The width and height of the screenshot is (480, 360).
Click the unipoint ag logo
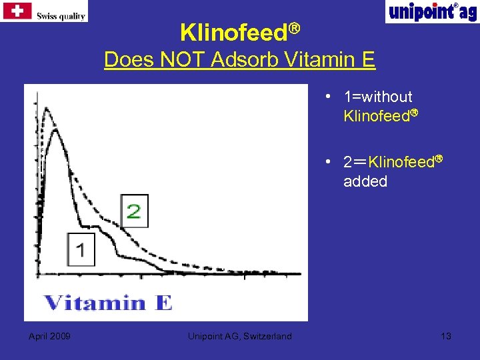click(x=431, y=11)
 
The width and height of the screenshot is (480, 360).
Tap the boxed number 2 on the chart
click(x=133, y=211)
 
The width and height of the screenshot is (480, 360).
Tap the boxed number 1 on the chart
click(x=81, y=250)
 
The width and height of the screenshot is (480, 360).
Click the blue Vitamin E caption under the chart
click(x=108, y=303)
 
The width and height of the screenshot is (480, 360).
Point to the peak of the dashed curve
click(x=45, y=111)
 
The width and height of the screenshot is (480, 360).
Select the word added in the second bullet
click(x=365, y=181)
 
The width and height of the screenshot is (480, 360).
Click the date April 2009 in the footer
click(x=50, y=336)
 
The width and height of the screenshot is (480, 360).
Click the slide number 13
click(x=446, y=336)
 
